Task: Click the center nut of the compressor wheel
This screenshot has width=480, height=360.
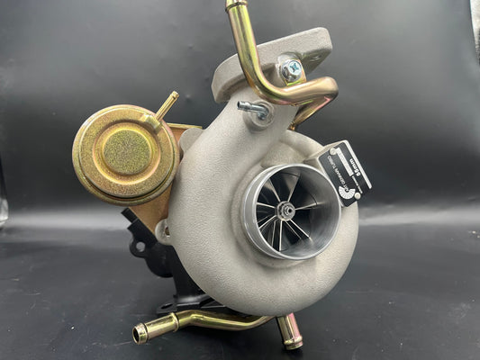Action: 286,211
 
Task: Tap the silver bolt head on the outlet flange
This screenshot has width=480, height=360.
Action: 291,68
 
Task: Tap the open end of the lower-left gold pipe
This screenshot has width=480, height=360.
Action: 140,335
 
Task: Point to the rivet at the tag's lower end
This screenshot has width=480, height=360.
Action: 356,192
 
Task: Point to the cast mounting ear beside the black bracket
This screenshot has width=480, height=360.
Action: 162,231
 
